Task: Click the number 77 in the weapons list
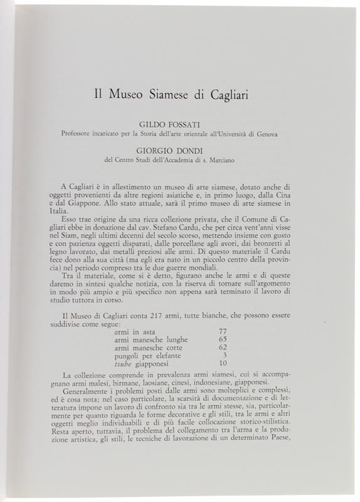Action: (x=221, y=330)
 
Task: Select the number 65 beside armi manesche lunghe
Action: (x=221, y=338)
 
